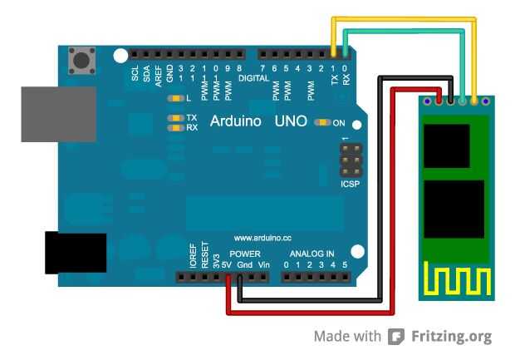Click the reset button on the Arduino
click(81, 61)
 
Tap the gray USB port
click(58, 114)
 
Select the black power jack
click(76, 253)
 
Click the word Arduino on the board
click(236, 121)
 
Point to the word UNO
click(291, 121)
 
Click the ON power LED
click(322, 122)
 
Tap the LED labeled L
click(176, 98)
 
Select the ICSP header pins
click(351, 160)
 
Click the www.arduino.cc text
click(262, 238)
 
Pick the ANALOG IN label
click(311, 254)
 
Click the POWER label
click(245, 254)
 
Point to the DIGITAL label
click(253, 78)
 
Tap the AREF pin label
click(159, 76)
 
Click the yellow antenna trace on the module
click(457, 279)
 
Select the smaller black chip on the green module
click(446, 146)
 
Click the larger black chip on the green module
click(454, 209)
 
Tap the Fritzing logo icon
click(396, 337)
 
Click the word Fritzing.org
click(452, 337)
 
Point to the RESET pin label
click(204, 254)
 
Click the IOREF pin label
click(193, 255)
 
